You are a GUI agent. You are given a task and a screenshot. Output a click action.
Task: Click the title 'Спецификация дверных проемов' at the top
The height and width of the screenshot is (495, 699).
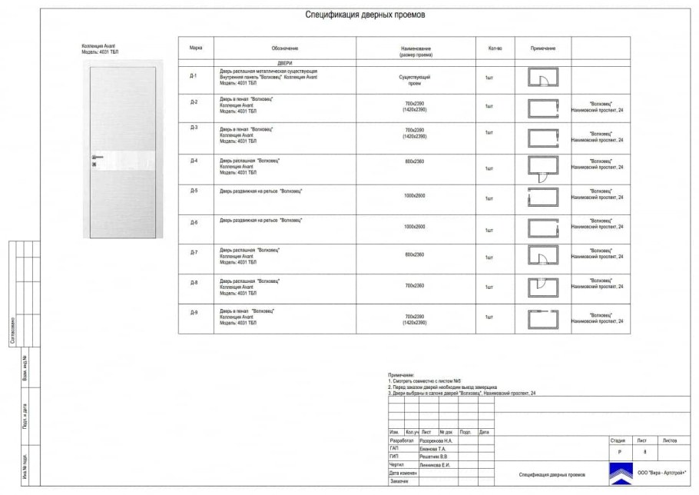(364, 15)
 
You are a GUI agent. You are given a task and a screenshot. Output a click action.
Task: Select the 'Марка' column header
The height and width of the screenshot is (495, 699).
(196, 48)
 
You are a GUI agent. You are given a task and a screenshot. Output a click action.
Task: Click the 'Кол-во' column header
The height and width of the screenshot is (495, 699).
(495, 48)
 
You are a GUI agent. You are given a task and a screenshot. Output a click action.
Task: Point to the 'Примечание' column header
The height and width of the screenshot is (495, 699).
(542, 48)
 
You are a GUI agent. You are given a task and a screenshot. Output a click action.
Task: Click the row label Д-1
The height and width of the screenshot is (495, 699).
(194, 75)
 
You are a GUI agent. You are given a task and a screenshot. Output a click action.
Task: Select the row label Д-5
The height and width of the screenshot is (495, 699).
(194, 190)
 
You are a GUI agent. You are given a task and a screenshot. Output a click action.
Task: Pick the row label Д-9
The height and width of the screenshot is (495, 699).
(194, 311)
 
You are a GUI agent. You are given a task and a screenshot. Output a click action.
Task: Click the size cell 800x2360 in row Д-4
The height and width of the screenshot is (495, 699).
(415, 161)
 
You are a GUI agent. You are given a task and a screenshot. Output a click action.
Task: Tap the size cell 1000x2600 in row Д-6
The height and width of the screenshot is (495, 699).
(415, 227)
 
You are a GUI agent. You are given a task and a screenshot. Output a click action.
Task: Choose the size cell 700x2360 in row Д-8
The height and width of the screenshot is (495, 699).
(415, 285)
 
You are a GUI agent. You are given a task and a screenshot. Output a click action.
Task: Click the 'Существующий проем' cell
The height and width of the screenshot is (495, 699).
(415, 80)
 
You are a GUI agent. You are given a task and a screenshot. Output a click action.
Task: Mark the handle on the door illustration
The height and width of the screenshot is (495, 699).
(94, 157)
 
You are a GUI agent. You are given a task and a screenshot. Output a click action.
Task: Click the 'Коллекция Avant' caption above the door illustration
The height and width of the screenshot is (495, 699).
(99, 48)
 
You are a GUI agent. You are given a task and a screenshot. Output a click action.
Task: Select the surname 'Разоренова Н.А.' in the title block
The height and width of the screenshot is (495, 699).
(437, 440)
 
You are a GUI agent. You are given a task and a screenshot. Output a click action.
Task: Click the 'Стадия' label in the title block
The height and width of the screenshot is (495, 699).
(617, 440)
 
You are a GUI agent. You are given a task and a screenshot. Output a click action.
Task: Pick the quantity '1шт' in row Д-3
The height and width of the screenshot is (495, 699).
(489, 133)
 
